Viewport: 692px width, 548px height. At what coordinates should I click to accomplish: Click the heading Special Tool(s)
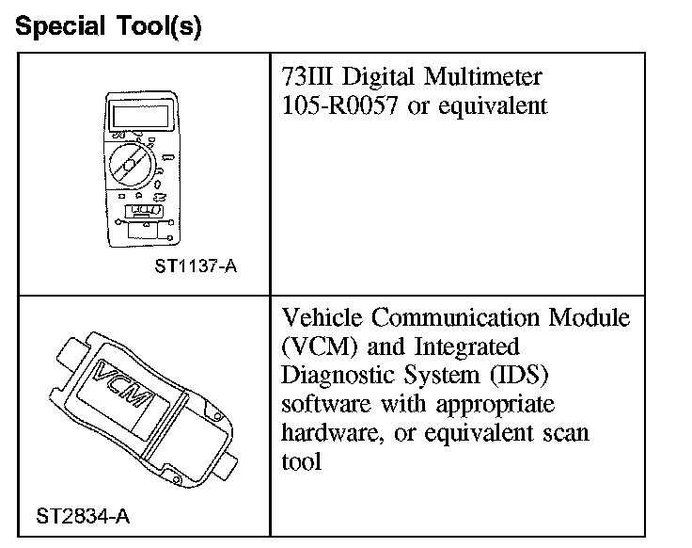click(108, 26)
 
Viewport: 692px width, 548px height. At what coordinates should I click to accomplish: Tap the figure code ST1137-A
click(196, 266)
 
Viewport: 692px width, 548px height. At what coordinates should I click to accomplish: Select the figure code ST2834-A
click(83, 516)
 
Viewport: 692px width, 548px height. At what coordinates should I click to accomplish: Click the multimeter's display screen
click(141, 114)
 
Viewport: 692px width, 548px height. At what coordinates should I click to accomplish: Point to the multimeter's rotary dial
click(131, 165)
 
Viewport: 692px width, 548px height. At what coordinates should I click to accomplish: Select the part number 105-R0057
click(339, 105)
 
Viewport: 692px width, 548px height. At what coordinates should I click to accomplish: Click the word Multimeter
click(483, 77)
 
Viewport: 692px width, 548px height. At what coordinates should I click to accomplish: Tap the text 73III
click(307, 77)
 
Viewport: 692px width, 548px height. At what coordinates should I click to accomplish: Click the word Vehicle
click(322, 317)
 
